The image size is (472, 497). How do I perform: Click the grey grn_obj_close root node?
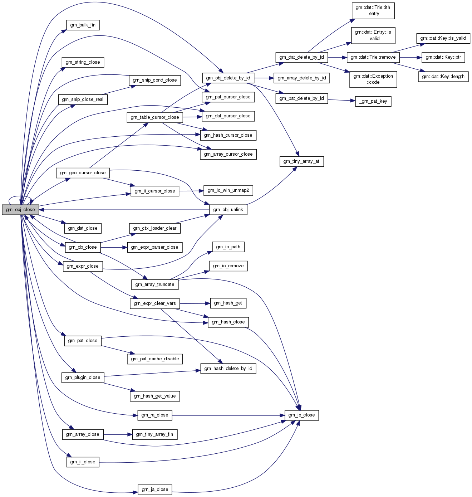click(x=20, y=210)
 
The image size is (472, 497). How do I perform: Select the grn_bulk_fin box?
click(x=83, y=25)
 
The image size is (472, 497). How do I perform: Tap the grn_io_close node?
click(x=301, y=415)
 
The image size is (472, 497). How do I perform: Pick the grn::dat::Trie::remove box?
click(x=373, y=57)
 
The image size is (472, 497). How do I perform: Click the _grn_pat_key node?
click(x=373, y=101)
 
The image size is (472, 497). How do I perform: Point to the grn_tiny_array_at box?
click(x=301, y=161)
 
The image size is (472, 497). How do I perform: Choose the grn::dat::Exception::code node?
click(x=373, y=79)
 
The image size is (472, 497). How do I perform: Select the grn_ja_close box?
click(x=155, y=489)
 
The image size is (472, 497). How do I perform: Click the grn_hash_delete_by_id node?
click(x=228, y=369)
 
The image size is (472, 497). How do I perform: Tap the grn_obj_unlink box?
click(x=228, y=210)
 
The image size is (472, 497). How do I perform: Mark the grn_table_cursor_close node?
click(x=155, y=117)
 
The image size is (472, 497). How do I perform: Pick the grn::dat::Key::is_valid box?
click(x=443, y=38)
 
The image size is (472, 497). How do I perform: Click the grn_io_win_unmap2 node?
click(x=228, y=190)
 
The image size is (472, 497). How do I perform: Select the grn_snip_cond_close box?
click(x=155, y=80)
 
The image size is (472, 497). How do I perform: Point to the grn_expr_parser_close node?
click(x=154, y=247)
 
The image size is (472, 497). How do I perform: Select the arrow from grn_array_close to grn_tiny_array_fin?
click(x=118, y=434)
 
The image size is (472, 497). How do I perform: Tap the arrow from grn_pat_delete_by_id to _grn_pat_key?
click(x=341, y=100)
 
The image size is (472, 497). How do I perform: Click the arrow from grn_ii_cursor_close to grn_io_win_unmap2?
click(x=191, y=191)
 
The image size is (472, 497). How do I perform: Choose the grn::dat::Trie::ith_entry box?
click(x=373, y=10)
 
